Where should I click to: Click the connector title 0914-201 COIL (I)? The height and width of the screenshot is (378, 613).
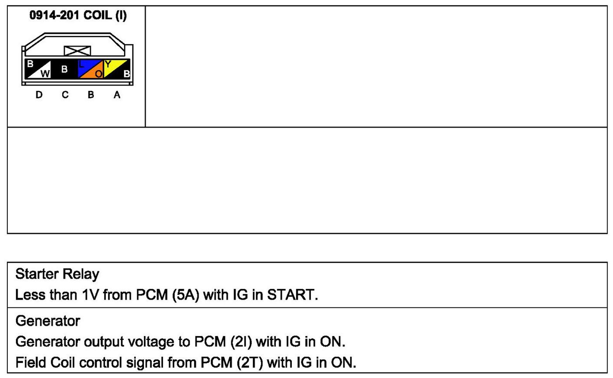point(78,16)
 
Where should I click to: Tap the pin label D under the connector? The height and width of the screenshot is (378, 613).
point(39,95)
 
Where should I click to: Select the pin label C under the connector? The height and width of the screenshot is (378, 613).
point(65,95)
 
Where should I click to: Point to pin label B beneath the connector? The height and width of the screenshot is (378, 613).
point(91,95)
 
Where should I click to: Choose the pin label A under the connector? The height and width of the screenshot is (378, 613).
point(117,95)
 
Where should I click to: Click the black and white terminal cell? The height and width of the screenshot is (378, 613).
point(38,69)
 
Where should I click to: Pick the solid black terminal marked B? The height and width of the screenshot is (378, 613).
point(64,69)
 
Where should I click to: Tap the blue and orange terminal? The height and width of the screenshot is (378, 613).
point(91,69)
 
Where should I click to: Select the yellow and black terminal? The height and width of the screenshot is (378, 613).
point(117,69)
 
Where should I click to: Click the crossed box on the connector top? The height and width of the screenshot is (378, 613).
point(77,50)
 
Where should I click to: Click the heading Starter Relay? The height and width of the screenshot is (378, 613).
point(57,274)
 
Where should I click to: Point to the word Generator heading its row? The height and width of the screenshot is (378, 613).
point(47,321)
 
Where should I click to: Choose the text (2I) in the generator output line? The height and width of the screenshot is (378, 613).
point(241,342)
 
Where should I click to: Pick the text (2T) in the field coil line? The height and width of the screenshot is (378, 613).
point(251,363)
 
